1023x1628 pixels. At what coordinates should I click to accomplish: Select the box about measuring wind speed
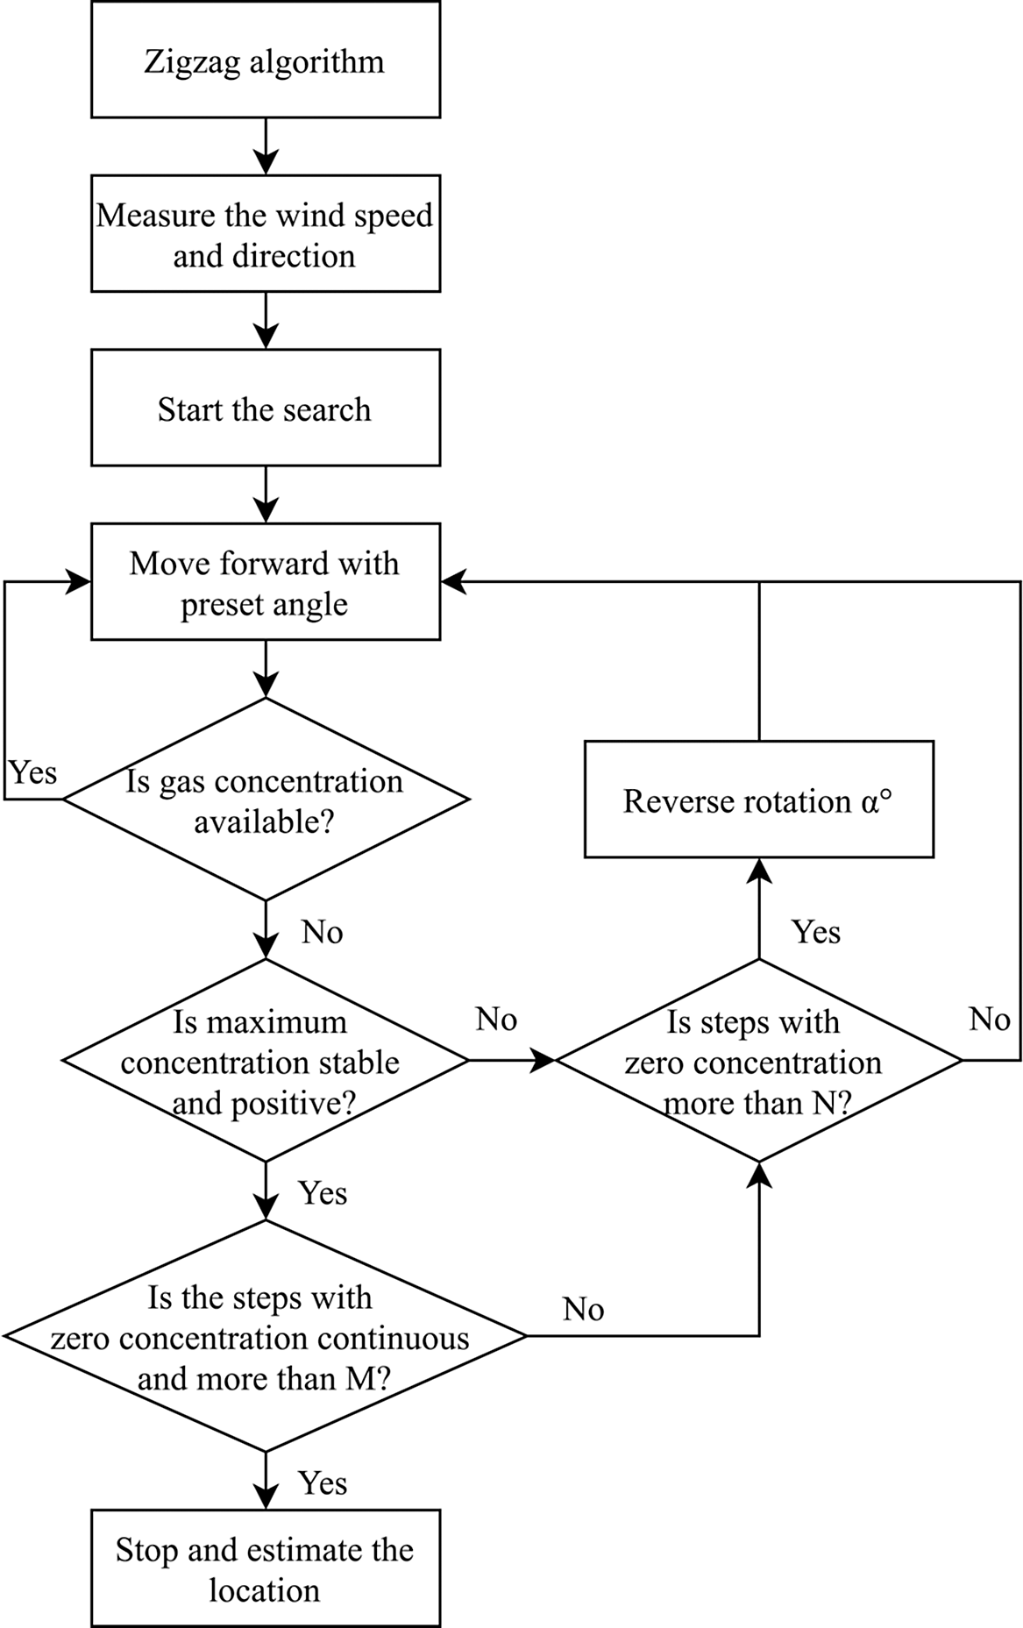pos(265,234)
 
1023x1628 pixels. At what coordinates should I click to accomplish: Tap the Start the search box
pos(265,409)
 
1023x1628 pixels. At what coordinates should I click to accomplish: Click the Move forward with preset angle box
pos(265,582)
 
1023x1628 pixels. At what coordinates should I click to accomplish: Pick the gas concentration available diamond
pos(265,800)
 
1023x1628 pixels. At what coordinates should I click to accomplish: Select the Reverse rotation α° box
pos(758,800)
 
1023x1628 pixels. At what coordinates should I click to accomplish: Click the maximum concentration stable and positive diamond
pos(265,1061)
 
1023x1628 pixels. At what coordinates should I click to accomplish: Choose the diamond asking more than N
pos(758,1061)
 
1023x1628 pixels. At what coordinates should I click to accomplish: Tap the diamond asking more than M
pos(265,1337)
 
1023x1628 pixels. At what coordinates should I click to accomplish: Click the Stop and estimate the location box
pos(265,1569)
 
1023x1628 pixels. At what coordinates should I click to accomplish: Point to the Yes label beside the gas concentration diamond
pos(33,773)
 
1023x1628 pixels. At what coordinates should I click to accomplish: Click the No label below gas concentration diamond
pos(322,932)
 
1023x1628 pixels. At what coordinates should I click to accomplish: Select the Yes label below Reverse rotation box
pos(816,932)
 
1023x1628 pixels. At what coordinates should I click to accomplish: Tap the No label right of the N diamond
pos(989,1020)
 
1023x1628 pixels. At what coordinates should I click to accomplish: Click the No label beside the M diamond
pos(583,1309)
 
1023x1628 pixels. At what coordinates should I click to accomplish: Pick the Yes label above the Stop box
pos(323,1482)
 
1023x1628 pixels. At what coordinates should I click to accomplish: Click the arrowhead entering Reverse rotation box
pos(758,870)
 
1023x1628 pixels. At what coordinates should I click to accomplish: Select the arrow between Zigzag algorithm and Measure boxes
pos(265,146)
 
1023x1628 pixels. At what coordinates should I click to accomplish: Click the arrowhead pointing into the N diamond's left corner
pos(544,1061)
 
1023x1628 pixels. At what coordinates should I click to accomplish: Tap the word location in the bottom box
pos(265,1590)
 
